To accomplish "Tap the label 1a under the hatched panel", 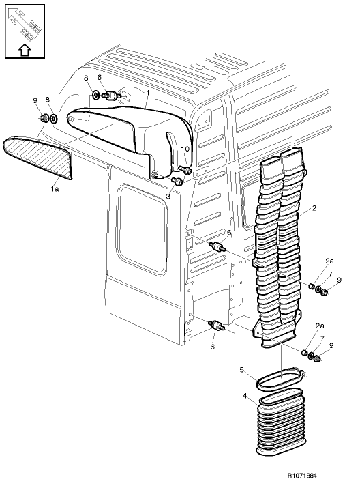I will pyautogui.click(x=54, y=189).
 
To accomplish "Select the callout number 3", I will pyautogui.click(x=168, y=196).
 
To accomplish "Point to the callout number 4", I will pyautogui.click(x=245, y=395).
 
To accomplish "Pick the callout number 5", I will pyautogui.click(x=242, y=370).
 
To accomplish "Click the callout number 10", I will pyautogui.click(x=183, y=149).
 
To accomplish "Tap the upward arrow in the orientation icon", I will pyautogui.click(x=23, y=48).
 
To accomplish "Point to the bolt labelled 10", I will pyautogui.click(x=185, y=169).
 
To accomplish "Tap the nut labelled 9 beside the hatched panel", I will pyautogui.click(x=44, y=119).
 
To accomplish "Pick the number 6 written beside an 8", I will pyautogui.click(x=99, y=78).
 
